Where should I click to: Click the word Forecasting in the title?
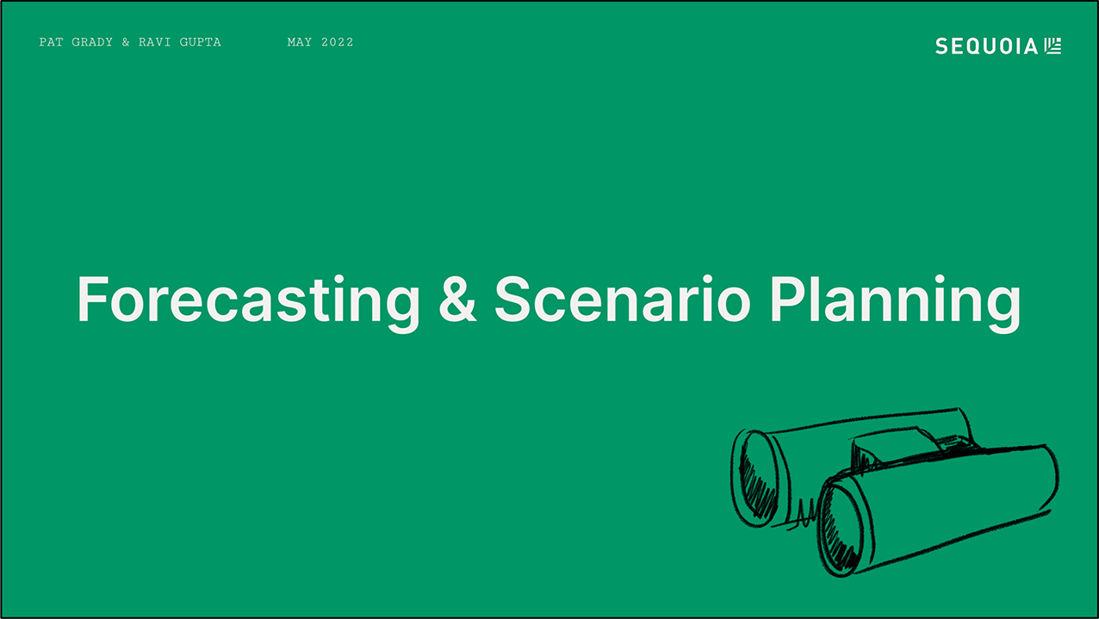coord(248,300)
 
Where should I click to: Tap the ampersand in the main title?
coord(456,300)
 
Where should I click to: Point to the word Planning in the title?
coord(894,300)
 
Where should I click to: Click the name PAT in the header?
coord(50,42)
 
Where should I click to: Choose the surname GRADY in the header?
coord(92,42)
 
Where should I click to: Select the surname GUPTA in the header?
coord(200,42)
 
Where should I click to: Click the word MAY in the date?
coord(299,42)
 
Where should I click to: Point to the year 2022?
coord(337,42)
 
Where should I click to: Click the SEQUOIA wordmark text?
coord(987,46)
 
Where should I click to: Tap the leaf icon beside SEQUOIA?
coord(1052,46)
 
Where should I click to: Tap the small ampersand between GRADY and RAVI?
coord(126,42)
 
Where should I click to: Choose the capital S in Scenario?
coord(514,300)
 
